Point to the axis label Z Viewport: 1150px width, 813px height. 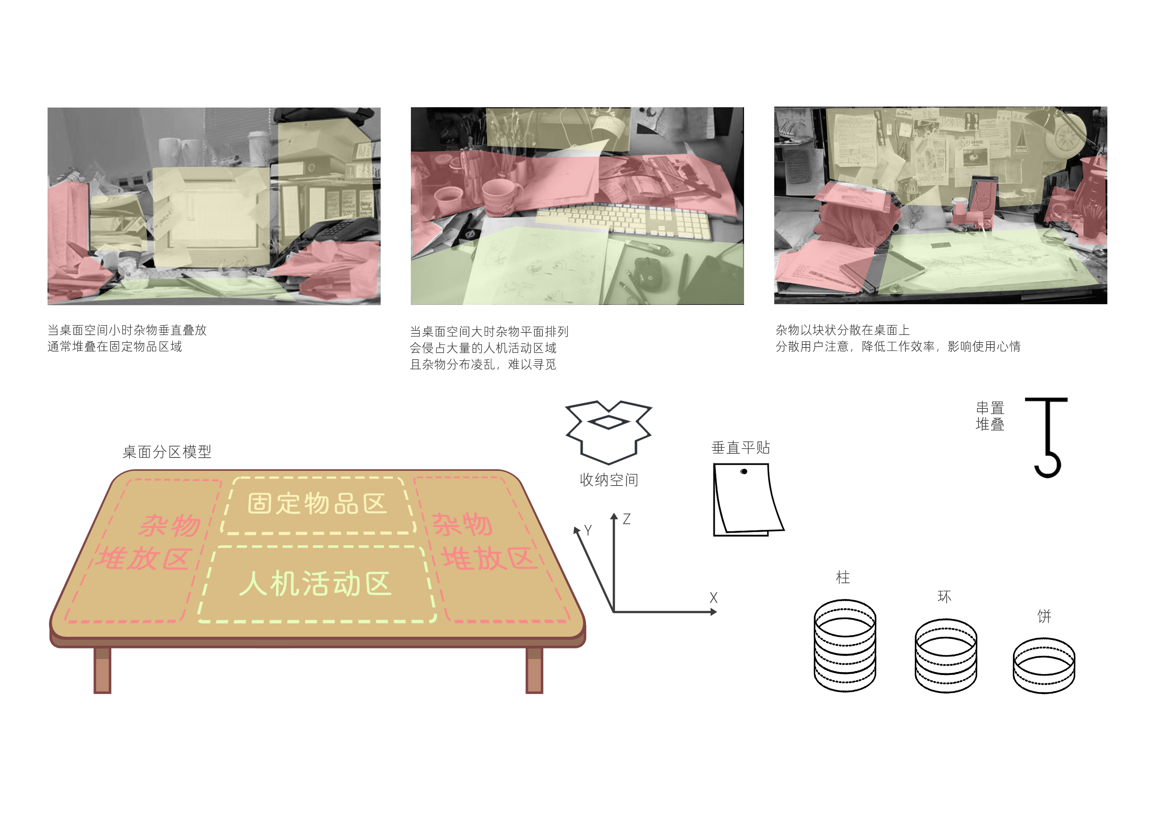tap(627, 519)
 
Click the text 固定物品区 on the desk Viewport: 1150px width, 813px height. tap(317, 504)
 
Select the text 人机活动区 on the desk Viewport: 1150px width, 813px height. tap(315, 584)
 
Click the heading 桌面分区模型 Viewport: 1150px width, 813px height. tap(167, 452)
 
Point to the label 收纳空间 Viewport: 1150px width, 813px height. tap(609, 480)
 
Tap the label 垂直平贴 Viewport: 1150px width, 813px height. tap(740, 447)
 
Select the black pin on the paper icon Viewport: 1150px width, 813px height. tap(744, 472)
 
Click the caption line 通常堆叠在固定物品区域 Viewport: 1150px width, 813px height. tap(115, 347)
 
